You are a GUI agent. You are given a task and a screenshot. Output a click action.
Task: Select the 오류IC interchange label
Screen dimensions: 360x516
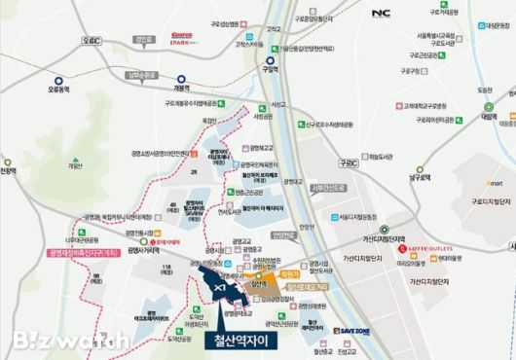tap(92, 41)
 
